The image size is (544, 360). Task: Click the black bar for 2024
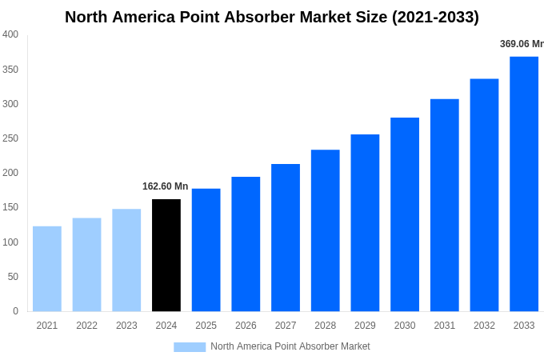pyautogui.click(x=166, y=255)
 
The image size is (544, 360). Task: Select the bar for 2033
pyautogui.click(x=524, y=184)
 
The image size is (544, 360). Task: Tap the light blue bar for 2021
pyautogui.click(x=47, y=269)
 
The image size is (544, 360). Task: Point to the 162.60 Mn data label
pyautogui.click(x=166, y=186)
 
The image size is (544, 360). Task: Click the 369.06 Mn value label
pyautogui.click(x=522, y=44)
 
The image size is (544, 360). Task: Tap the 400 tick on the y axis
pyautogui.click(x=10, y=34)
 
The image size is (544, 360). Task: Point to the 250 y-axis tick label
pyautogui.click(x=10, y=138)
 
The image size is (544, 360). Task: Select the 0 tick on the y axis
pyautogui.click(x=15, y=311)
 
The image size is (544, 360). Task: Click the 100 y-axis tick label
pyautogui.click(x=10, y=242)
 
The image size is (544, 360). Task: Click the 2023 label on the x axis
pyautogui.click(x=126, y=326)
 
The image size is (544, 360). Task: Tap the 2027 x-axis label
pyautogui.click(x=286, y=326)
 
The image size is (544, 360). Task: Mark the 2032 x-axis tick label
pyautogui.click(x=484, y=326)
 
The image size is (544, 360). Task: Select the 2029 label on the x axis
pyautogui.click(x=365, y=326)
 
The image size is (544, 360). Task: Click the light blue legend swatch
pyautogui.click(x=190, y=346)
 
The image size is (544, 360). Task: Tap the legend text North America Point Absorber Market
pyautogui.click(x=290, y=346)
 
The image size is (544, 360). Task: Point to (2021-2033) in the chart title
pyautogui.click(x=435, y=17)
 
